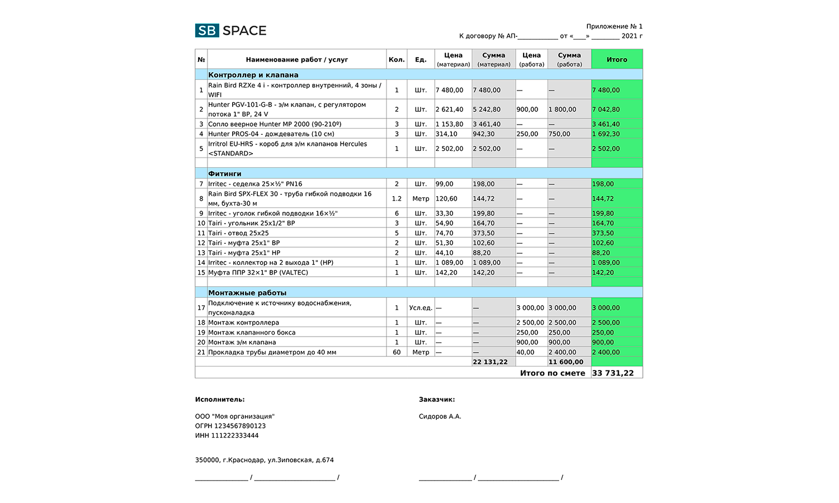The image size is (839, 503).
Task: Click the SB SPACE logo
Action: click(230, 31)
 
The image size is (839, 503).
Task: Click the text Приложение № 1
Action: click(614, 26)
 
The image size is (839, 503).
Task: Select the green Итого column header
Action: click(616, 59)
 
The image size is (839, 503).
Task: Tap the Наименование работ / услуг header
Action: click(296, 59)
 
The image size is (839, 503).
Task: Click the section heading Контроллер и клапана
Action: click(253, 75)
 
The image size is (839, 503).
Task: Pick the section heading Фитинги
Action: click(225, 174)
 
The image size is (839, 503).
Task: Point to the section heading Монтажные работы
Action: click(247, 293)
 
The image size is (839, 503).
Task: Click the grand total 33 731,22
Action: click(612, 373)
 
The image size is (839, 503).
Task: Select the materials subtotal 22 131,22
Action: click(490, 362)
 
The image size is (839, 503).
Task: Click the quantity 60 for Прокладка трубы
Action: click(397, 352)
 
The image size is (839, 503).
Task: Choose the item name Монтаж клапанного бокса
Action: click(252, 333)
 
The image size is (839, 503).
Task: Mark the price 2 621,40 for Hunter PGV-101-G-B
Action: click(449, 110)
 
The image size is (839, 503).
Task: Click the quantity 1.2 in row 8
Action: click(397, 198)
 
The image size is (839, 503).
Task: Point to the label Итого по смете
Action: click(552, 373)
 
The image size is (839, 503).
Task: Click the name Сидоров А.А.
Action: click(440, 416)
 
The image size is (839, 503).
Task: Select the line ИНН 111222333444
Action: click(227, 435)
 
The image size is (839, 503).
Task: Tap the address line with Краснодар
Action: click(264, 460)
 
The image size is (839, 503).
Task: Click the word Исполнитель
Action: click(219, 400)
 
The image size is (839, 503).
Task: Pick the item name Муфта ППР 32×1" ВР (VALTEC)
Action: click(258, 273)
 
